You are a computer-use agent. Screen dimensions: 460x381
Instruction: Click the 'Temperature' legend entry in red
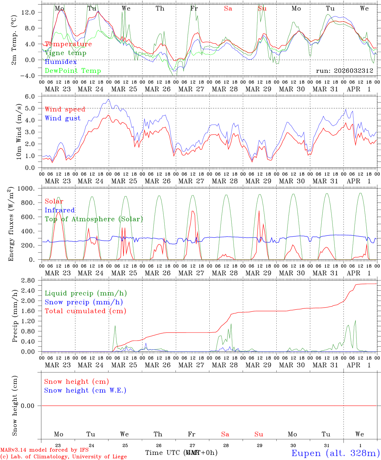pyautogui.click(x=68, y=44)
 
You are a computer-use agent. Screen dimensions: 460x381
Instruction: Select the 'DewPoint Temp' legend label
pyautogui.click(x=73, y=71)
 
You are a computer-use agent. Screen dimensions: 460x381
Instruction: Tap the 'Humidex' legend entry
pyautogui.click(x=61, y=62)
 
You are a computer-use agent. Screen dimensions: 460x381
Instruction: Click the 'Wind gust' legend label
pyautogui.click(x=63, y=118)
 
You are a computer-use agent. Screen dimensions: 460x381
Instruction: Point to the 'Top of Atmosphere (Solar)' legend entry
pyautogui.click(x=94, y=219)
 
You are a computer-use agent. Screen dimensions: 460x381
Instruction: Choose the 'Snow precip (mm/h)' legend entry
pyautogui.click(x=84, y=302)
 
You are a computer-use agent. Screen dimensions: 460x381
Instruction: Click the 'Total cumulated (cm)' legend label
pyautogui.click(x=85, y=311)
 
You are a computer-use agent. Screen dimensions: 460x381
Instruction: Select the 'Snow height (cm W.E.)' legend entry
pyautogui.click(x=85, y=390)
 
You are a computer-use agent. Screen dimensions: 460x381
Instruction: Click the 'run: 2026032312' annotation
pyautogui.click(x=344, y=71)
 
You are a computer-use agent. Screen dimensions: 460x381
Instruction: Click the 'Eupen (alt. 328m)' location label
pyautogui.click(x=335, y=453)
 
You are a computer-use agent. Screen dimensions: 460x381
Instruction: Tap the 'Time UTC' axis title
pyautogui.click(x=163, y=453)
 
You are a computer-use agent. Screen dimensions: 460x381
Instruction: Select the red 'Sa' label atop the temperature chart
pyautogui.click(x=228, y=9)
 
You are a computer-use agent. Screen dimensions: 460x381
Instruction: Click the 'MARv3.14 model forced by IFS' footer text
pyautogui.click(x=44, y=450)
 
